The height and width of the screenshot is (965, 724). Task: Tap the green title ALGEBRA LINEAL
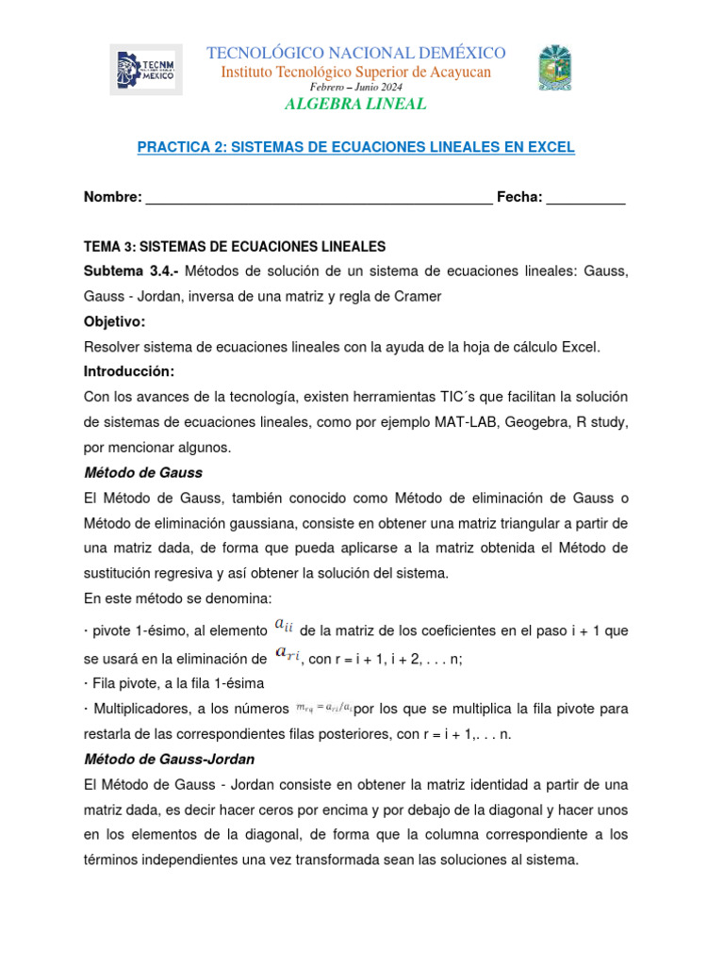(355, 104)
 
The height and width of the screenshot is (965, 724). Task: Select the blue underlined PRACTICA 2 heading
(355, 148)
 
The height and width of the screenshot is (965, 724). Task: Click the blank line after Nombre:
(319, 197)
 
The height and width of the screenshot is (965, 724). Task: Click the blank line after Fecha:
(585, 197)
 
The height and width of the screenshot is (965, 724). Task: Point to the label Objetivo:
(115, 321)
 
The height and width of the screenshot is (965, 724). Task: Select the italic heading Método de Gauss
(143, 472)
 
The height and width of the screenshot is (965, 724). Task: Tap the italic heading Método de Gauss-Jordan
(170, 759)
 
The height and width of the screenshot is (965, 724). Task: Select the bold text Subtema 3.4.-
(131, 271)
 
